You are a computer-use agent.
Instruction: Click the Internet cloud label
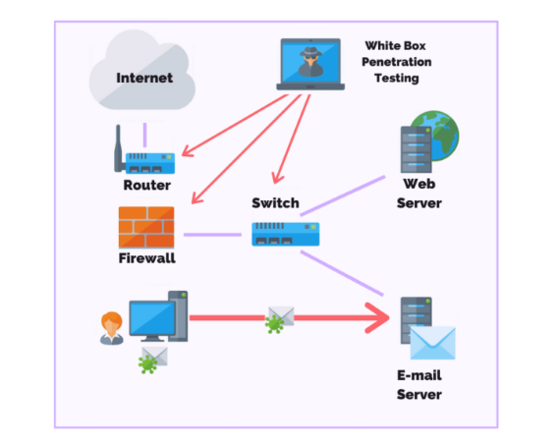(144, 78)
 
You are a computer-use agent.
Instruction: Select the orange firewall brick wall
(146, 227)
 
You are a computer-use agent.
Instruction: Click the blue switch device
(286, 234)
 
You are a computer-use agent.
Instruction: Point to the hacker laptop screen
(310, 62)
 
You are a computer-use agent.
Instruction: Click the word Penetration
(397, 62)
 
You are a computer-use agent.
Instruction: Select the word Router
(147, 185)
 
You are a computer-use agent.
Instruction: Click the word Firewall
(146, 258)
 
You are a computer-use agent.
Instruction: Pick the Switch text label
(275, 202)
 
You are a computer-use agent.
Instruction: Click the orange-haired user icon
(112, 328)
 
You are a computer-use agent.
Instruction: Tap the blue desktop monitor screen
(152, 318)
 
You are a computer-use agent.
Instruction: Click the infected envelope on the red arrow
(280, 319)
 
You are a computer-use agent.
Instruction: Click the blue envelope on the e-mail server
(432, 343)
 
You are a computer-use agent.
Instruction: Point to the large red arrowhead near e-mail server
(377, 317)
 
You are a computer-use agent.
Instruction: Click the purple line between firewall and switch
(212, 235)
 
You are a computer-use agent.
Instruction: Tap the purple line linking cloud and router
(144, 135)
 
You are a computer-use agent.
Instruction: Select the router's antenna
(118, 148)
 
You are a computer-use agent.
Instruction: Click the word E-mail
(419, 375)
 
